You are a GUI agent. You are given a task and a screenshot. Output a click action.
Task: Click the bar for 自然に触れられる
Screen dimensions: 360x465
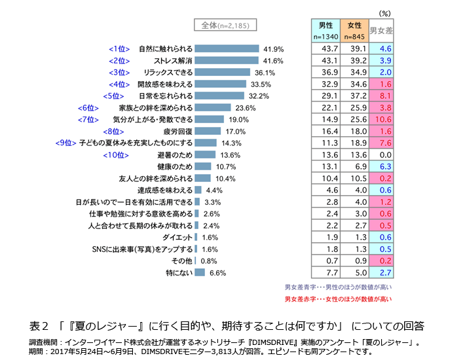pyautogui.click(x=227, y=49)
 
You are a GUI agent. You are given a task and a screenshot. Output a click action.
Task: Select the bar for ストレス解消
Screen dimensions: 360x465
pyautogui.click(x=227, y=61)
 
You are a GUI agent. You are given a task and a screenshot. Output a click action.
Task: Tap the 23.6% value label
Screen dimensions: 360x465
pyautogui.click(x=245, y=108)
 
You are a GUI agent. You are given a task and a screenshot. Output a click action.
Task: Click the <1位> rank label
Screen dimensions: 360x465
pyautogui.click(x=119, y=49)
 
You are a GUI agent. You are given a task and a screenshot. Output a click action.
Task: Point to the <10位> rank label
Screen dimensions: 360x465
pyautogui.click(x=115, y=155)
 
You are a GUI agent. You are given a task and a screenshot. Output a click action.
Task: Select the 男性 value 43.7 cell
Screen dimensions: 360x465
pyautogui.click(x=325, y=49)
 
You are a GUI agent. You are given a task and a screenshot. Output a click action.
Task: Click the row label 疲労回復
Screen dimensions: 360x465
pyautogui.click(x=177, y=132)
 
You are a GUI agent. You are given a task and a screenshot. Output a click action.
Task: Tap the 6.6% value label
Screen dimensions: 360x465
pyautogui.click(x=217, y=273)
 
